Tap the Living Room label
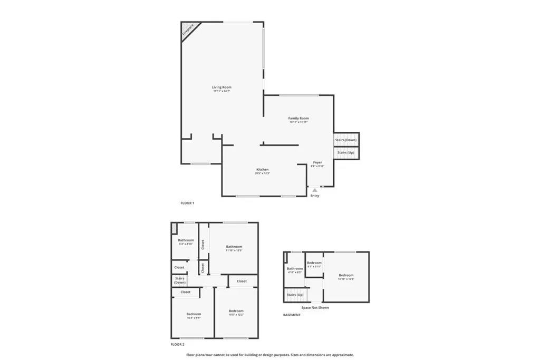tap(221, 87)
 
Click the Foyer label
tap(317, 163)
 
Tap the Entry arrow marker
tap(315, 190)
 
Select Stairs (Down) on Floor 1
tap(346, 140)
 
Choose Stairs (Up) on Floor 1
tap(346, 152)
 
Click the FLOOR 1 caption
tap(187, 203)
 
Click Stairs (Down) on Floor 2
tap(180, 280)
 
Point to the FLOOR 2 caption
tap(178, 344)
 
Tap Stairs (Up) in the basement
tap(295, 295)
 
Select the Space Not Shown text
tap(315, 307)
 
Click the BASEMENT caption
tap(292, 315)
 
